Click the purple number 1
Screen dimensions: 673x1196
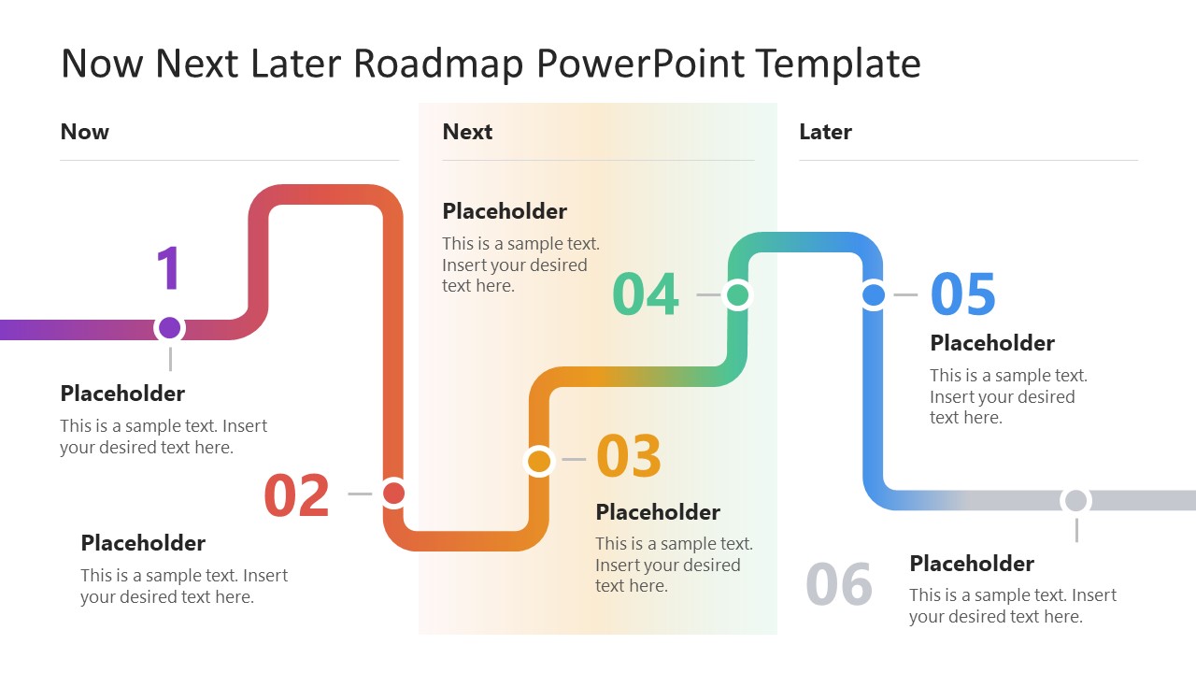coord(168,269)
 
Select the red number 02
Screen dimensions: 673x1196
coord(297,495)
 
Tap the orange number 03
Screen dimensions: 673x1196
coord(629,457)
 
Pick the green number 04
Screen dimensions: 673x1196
coord(646,294)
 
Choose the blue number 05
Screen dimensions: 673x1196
coord(963,294)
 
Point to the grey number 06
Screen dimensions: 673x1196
coord(839,584)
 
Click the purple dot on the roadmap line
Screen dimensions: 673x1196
coord(169,328)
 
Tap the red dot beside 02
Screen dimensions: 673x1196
coord(393,493)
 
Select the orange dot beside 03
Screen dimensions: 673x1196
coord(539,460)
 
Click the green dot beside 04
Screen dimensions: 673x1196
coord(737,295)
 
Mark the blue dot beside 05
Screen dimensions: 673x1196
coord(874,295)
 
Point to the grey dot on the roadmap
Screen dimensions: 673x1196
coord(1076,501)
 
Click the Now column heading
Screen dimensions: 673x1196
coord(85,132)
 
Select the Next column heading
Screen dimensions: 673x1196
coord(467,132)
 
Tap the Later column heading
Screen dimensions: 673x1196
coord(825,132)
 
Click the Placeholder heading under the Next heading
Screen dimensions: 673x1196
coord(505,211)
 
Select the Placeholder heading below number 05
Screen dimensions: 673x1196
coord(992,343)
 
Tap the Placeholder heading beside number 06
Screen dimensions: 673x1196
coord(972,564)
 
